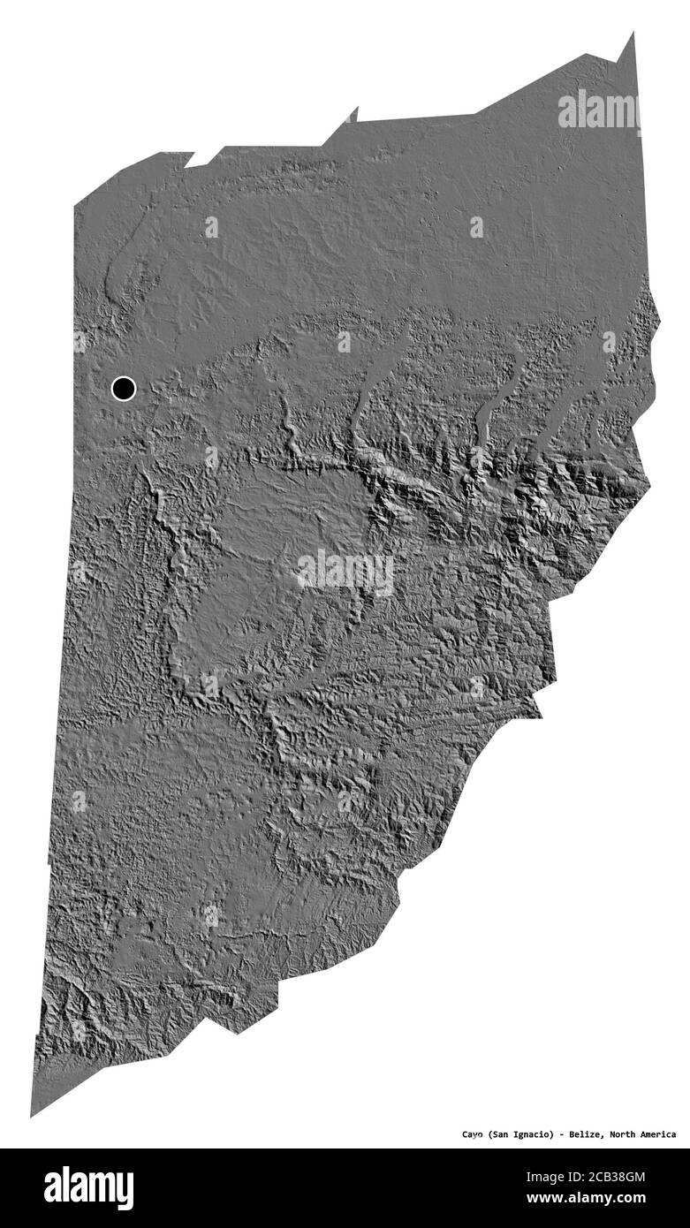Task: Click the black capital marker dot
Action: click(124, 388)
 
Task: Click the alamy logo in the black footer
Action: click(88, 1188)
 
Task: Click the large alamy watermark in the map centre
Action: click(345, 572)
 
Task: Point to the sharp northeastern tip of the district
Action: click(632, 35)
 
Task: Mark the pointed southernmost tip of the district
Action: click(33, 1114)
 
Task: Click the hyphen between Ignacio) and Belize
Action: click(562, 1133)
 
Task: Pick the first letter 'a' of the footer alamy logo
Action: click(52, 1189)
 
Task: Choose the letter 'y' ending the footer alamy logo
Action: click(126, 1191)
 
